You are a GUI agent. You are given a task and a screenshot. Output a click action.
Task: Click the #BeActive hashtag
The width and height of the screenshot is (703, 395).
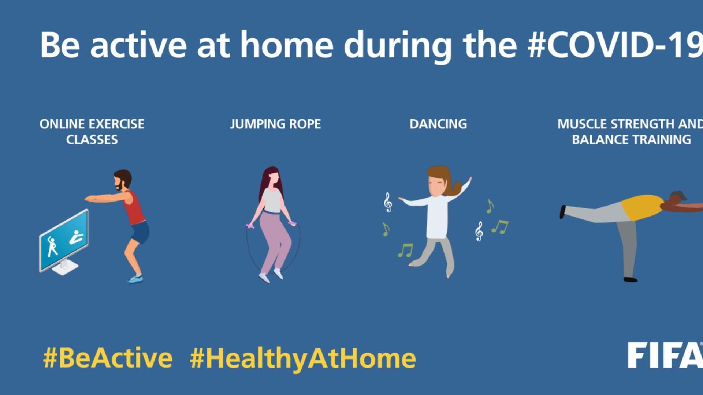(108, 358)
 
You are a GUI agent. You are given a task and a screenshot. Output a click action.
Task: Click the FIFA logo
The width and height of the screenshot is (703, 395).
(665, 355)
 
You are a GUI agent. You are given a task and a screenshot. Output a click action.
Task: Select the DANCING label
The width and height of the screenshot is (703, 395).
(438, 124)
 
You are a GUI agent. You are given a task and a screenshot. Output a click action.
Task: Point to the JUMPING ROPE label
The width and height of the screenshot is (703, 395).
(275, 124)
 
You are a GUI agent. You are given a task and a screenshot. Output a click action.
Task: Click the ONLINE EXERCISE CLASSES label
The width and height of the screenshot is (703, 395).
(92, 132)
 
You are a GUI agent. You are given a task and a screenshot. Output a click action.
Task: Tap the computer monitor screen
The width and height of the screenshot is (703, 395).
(64, 240)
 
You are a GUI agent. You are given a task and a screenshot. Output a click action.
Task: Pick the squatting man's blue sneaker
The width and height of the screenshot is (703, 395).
(135, 279)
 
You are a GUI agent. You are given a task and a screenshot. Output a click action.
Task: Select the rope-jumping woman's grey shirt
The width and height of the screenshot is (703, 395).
(272, 200)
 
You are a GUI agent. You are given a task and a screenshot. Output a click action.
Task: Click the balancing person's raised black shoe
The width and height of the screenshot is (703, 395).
(562, 212)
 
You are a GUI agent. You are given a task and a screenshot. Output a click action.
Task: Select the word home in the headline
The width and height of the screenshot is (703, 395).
(287, 45)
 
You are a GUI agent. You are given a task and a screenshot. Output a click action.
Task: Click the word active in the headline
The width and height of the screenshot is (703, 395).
(138, 45)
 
